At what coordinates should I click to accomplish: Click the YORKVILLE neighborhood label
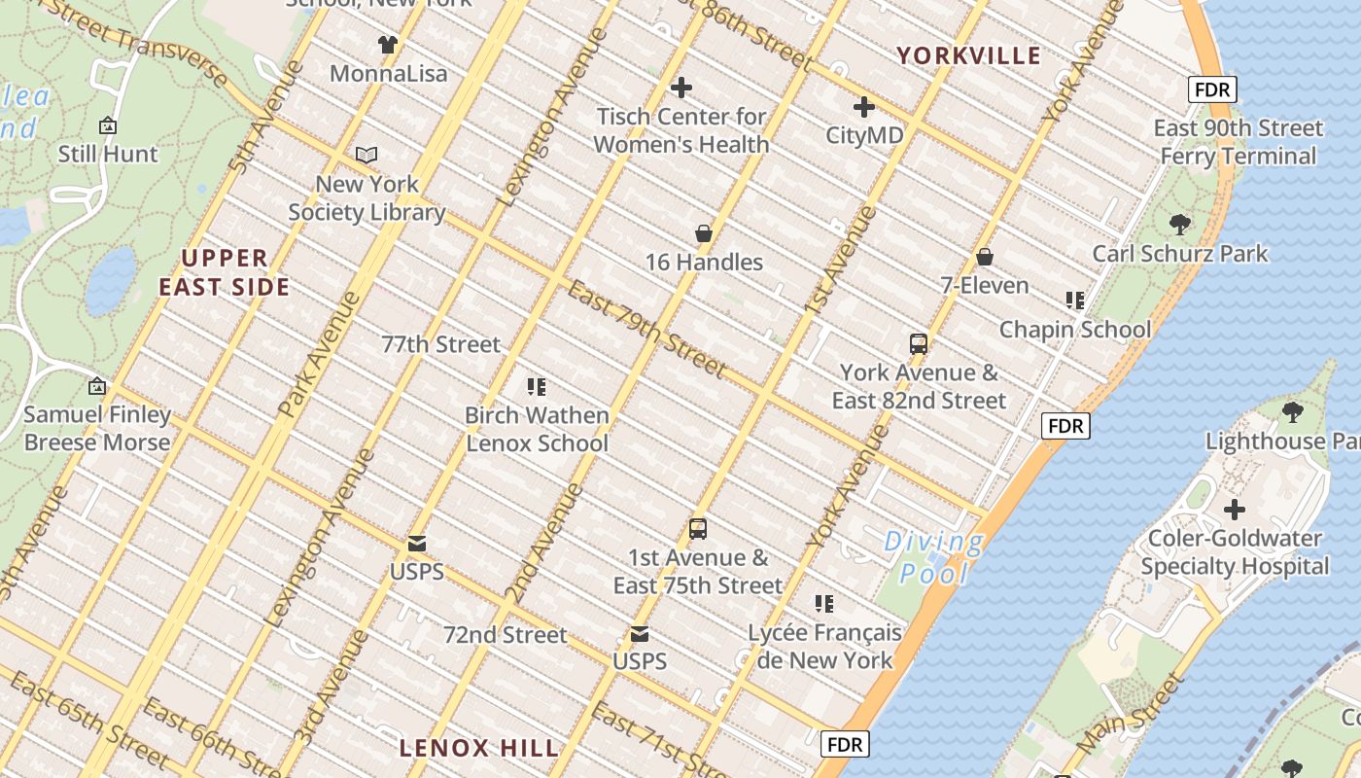coord(968,55)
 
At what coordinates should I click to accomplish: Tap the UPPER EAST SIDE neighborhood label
coord(225,272)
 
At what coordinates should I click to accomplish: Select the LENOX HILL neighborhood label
coord(479,748)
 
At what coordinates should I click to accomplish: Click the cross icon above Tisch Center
coord(681,88)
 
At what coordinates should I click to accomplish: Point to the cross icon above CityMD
coord(863,107)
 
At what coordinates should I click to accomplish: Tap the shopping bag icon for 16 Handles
coord(704,233)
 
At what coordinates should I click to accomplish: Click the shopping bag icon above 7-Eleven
coord(985,257)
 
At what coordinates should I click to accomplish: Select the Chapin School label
coord(1074,330)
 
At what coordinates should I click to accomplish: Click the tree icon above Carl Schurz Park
coord(1180,225)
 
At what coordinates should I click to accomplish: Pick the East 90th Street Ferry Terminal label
coord(1238,142)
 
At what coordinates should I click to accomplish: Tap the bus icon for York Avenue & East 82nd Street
coord(918,343)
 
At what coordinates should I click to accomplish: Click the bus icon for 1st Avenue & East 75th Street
coord(697,529)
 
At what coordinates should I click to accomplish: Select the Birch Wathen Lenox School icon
coord(536,387)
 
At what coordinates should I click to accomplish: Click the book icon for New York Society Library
coord(366,155)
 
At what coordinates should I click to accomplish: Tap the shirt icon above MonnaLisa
coord(388,44)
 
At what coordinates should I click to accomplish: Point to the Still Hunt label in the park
coord(108,154)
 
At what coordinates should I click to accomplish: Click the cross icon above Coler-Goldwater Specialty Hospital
coord(1234,510)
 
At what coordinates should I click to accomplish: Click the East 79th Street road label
coord(646,329)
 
